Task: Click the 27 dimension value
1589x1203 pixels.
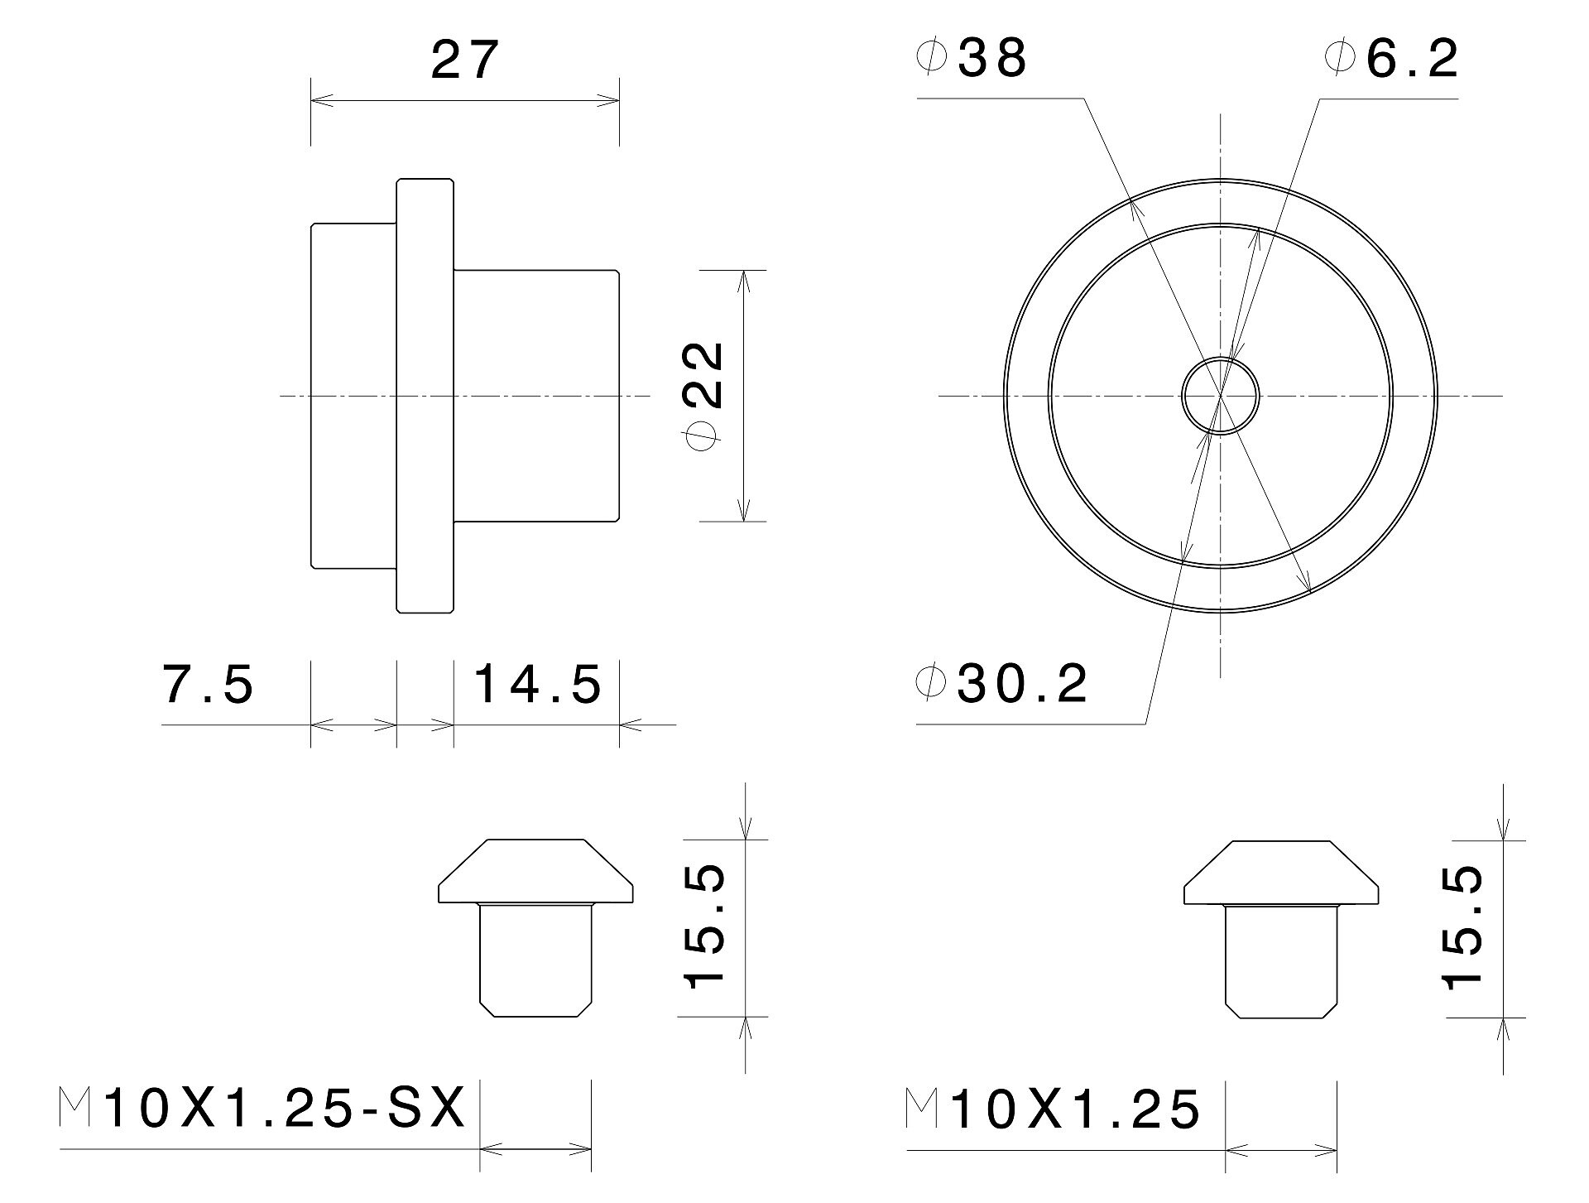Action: pyautogui.click(x=465, y=60)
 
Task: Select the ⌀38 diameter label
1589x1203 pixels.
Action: pyautogui.click(x=972, y=58)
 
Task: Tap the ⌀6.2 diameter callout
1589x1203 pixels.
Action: pyautogui.click(x=1391, y=58)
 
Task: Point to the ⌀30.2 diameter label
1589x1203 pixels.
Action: pyautogui.click(x=1002, y=684)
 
